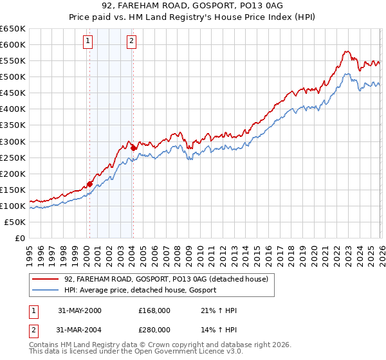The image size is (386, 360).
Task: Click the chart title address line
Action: (192, 6)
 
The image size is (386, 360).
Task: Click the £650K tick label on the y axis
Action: (12, 29)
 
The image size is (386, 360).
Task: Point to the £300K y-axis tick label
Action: (12, 141)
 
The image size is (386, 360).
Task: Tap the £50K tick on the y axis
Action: (15, 222)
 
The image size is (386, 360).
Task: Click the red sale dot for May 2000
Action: (90, 184)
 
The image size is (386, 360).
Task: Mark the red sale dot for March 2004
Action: (133, 148)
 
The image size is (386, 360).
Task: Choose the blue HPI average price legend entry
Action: (140, 290)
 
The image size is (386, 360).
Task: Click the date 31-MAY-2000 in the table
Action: (80, 310)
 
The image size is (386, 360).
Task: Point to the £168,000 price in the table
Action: (154, 310)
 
